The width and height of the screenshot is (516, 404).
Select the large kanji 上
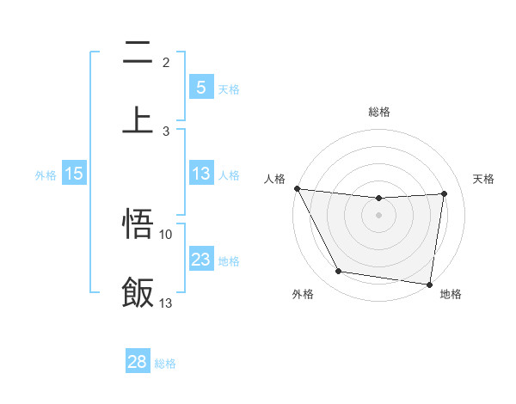click(138, 119)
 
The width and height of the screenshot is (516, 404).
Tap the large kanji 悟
click(138, 224)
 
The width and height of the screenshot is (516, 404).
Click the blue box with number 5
click(200, 88)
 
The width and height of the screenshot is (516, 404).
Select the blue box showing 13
click(200, 174)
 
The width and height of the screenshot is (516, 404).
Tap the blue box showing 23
click(200, 260)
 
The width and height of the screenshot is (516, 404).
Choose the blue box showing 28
click(138, 362)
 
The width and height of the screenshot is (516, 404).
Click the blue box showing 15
click(74, 174)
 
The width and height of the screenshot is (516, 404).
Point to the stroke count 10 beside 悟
click(166, 234)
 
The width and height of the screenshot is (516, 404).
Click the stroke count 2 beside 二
click(166, 62)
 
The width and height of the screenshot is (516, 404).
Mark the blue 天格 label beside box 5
click(229, 89)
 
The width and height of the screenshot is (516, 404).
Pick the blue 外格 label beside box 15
click(46, 174)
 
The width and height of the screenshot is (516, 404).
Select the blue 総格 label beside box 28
click(165, 363)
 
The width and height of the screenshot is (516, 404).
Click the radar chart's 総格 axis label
click(379, 112)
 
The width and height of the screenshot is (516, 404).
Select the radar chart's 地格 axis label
click(451, 294)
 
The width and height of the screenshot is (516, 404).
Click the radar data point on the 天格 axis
click(445, 194)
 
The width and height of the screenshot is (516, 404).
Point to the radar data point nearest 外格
click(338, 272)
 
